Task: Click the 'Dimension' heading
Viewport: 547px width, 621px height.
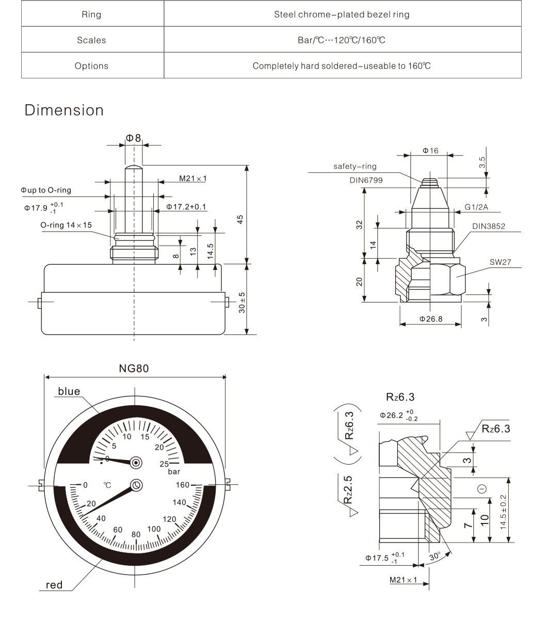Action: pos(64,110)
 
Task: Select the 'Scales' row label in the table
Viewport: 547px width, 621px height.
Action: pos(91,40)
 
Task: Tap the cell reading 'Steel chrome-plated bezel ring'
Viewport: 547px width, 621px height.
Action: pos(342,14)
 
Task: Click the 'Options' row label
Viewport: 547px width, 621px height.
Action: pos(91,66)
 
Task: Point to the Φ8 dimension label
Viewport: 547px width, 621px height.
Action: pos(133,138)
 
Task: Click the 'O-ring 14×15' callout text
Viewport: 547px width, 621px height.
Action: pos(66,225)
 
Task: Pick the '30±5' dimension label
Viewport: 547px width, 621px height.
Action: pos(242,302)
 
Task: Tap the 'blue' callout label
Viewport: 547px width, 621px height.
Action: pos(69,391)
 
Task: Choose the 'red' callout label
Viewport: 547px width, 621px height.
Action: pos(54,585)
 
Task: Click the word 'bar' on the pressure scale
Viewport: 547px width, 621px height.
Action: pos(174,472)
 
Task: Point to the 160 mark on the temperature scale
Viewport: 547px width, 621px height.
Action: pos(182,485)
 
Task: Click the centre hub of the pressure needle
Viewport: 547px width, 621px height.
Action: pos(136,463)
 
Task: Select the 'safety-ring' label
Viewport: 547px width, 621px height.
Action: pos(355,167)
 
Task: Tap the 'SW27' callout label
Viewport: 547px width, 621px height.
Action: pos(500,262)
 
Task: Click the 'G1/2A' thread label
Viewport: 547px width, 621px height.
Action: pos(476,207)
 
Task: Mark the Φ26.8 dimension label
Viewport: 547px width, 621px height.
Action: pos(430,319)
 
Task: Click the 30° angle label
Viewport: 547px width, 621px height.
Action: pos(435,557)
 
